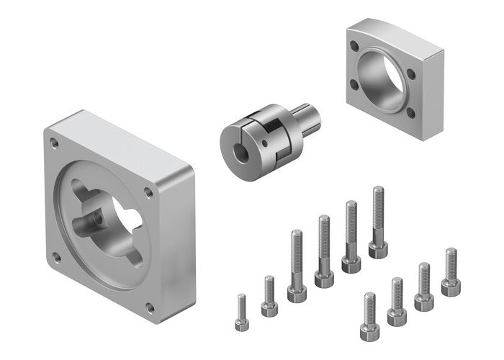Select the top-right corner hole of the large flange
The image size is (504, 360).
click(x=148, y=192)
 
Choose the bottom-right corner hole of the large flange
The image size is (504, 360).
click(x=150, y=308)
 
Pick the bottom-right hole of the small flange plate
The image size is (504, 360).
click(x=410, y=112)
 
